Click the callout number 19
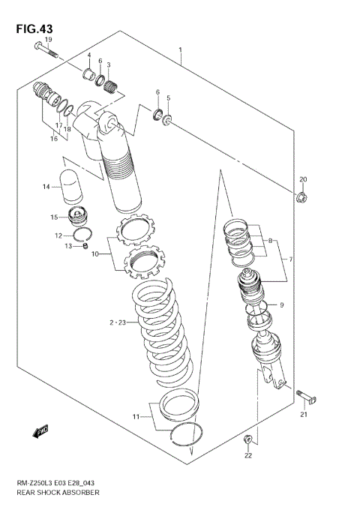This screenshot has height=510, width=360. (48, 40)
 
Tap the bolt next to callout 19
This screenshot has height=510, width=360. (45, 51)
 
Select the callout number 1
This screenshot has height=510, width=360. (181, 50)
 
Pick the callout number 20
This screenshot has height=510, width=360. (303, 179)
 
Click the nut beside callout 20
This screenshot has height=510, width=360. (301, 198)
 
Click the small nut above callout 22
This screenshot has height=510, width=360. (248, 438)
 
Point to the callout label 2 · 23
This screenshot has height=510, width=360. (117, 322)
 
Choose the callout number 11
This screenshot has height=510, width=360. (136, 417)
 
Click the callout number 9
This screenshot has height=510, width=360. (282, 305)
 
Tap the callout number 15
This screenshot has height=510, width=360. (55, 218)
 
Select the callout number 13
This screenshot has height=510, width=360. (67, 246)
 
